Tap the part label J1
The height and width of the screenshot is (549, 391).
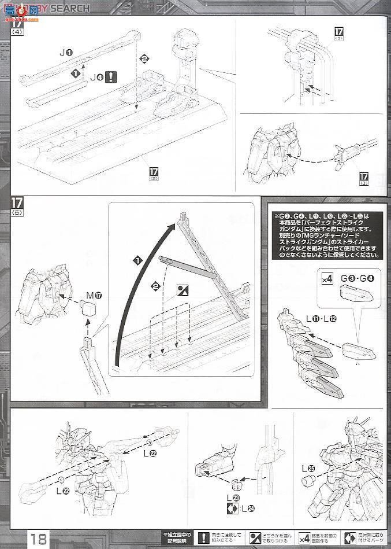66,53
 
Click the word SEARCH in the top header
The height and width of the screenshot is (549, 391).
72,8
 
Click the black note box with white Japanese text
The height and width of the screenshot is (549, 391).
325,235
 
